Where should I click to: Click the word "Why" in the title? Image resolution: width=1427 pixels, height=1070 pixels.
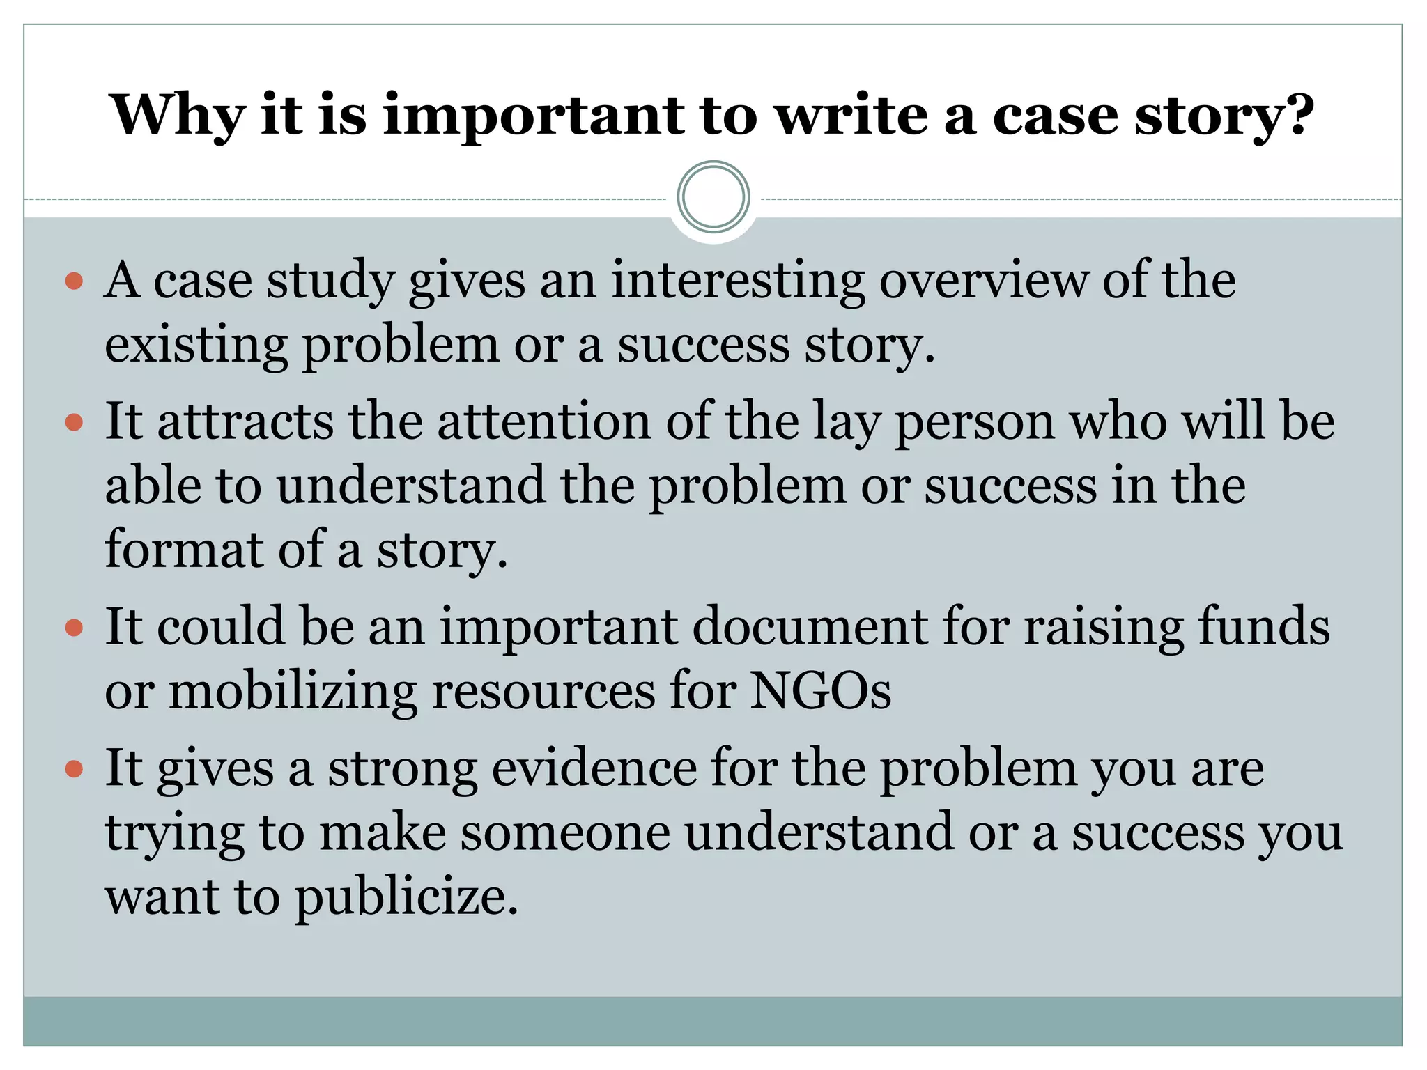pyautogui.click(x=177, y=116)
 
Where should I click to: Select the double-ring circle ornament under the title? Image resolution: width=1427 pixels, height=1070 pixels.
pyautogui.click(x=713, y=197)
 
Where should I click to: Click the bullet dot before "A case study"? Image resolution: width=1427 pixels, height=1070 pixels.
pyautogui.click(x=74, y=281)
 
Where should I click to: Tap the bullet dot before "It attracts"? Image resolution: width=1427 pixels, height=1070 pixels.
pyautogui.click(x=74, y=423)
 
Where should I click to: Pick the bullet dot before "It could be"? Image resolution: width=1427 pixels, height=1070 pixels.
pyautogui.click(x=74, y=628)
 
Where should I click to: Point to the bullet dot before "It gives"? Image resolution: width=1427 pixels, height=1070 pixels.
pyautogui.click(x=74, y=770)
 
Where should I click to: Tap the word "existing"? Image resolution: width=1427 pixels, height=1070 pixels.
pyautogui.click(x=196, y=346)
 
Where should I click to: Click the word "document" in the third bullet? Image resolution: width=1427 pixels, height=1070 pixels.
pyautogui.click(x=810, y=627)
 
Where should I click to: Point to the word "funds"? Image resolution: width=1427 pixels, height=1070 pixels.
pyautogui.click(x=1263, y=627)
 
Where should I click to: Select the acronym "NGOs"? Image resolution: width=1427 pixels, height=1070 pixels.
pyautogui.click(x=820, y=692)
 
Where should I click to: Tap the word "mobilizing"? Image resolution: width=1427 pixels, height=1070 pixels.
pyautogui.click(x=293, y=692)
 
